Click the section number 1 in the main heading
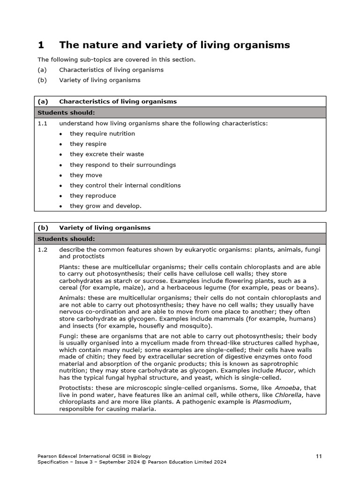click(x=41, y=45)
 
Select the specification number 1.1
click(x=43, y=123)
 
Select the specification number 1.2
click(x=43, y=250)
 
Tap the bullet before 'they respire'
click(x=61, y=144)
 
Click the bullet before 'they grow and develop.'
click(x=61, y=206)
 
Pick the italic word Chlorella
click(x=288, y=395)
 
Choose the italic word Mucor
click(x=285, y=370)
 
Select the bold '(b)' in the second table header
click(x=43, y=228)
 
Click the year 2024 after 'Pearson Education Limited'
click(x=219, y=462)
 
